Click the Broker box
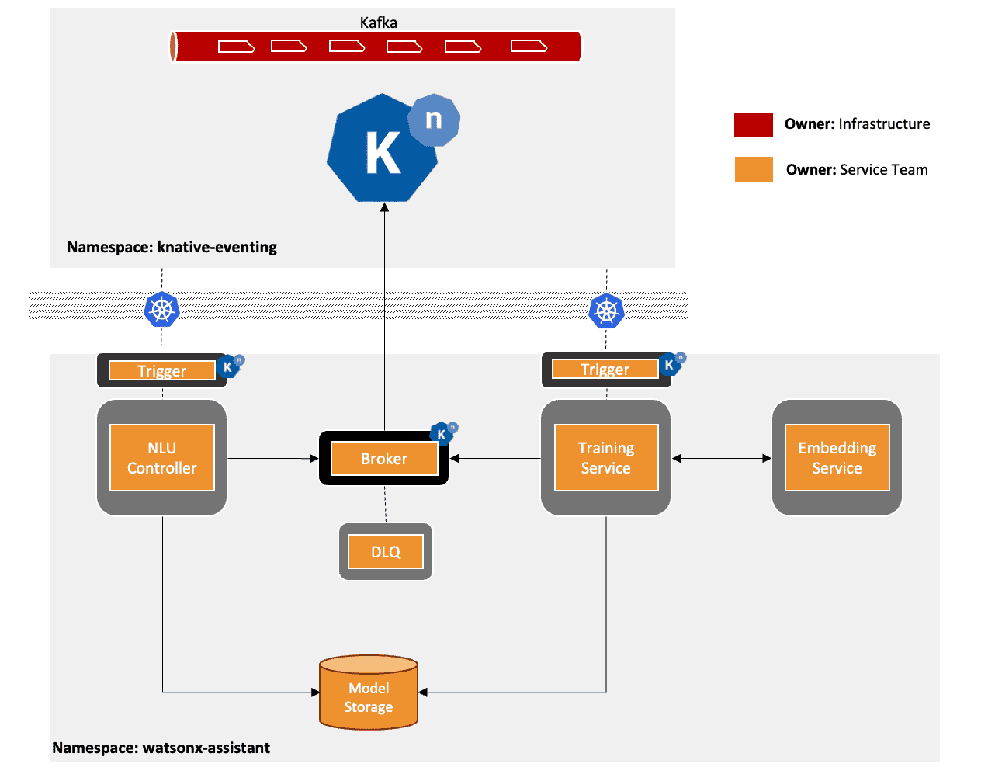tap(384, 459)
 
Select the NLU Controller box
tap(161, 458)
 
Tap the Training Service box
tap(605, 458)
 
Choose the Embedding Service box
tap(837, 458)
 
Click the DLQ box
tap(386, 552)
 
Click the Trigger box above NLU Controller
tap(161, 370)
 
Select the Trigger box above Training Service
tap(605, 370)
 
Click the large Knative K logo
tap(383, 151)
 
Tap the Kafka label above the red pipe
tap(379, 23)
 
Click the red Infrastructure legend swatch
tap(753, 124)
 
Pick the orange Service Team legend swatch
tap(753, 169)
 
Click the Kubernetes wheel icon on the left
tap(161, 310)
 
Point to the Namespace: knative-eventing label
tap(172, 247)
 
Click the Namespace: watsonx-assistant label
tap(161, 748)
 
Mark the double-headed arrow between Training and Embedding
tap(721, 459)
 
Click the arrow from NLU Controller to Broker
tap(272, 459)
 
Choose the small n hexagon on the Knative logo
tap(434, 120)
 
